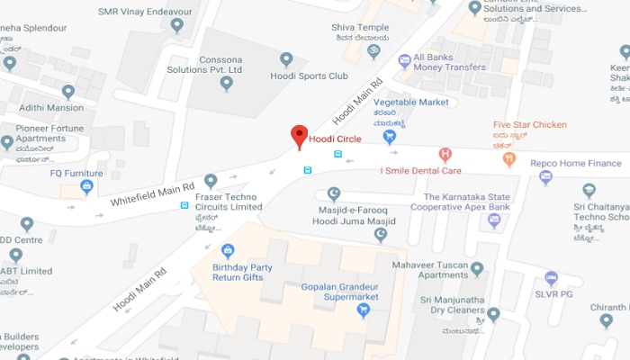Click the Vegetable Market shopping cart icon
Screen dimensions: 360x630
coord(390,137)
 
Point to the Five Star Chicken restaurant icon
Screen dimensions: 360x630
coord(508,159)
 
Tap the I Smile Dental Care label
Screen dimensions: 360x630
coord(420,170)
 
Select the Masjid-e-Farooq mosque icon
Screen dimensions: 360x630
coord(333,193)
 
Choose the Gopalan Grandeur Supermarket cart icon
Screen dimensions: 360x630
coord(364,310)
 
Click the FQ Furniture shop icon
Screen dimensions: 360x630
coord(87,187)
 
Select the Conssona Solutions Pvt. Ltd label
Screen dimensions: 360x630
coord(208,64)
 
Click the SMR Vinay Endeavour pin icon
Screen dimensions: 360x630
coord(177,25)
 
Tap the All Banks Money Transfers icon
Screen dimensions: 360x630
coord(405,59)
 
